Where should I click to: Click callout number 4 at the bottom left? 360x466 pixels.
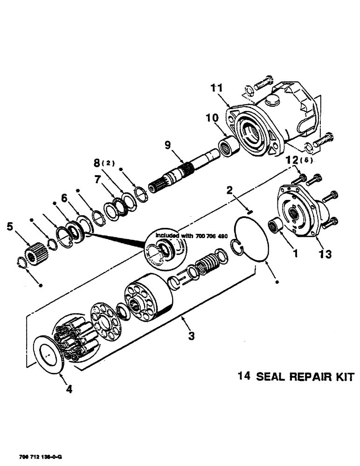coord(69,389)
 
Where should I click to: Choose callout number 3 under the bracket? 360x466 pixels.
coord(192,336)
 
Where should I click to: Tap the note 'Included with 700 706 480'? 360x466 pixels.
coord(188,235)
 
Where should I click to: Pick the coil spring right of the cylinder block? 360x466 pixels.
coord(207,264)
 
